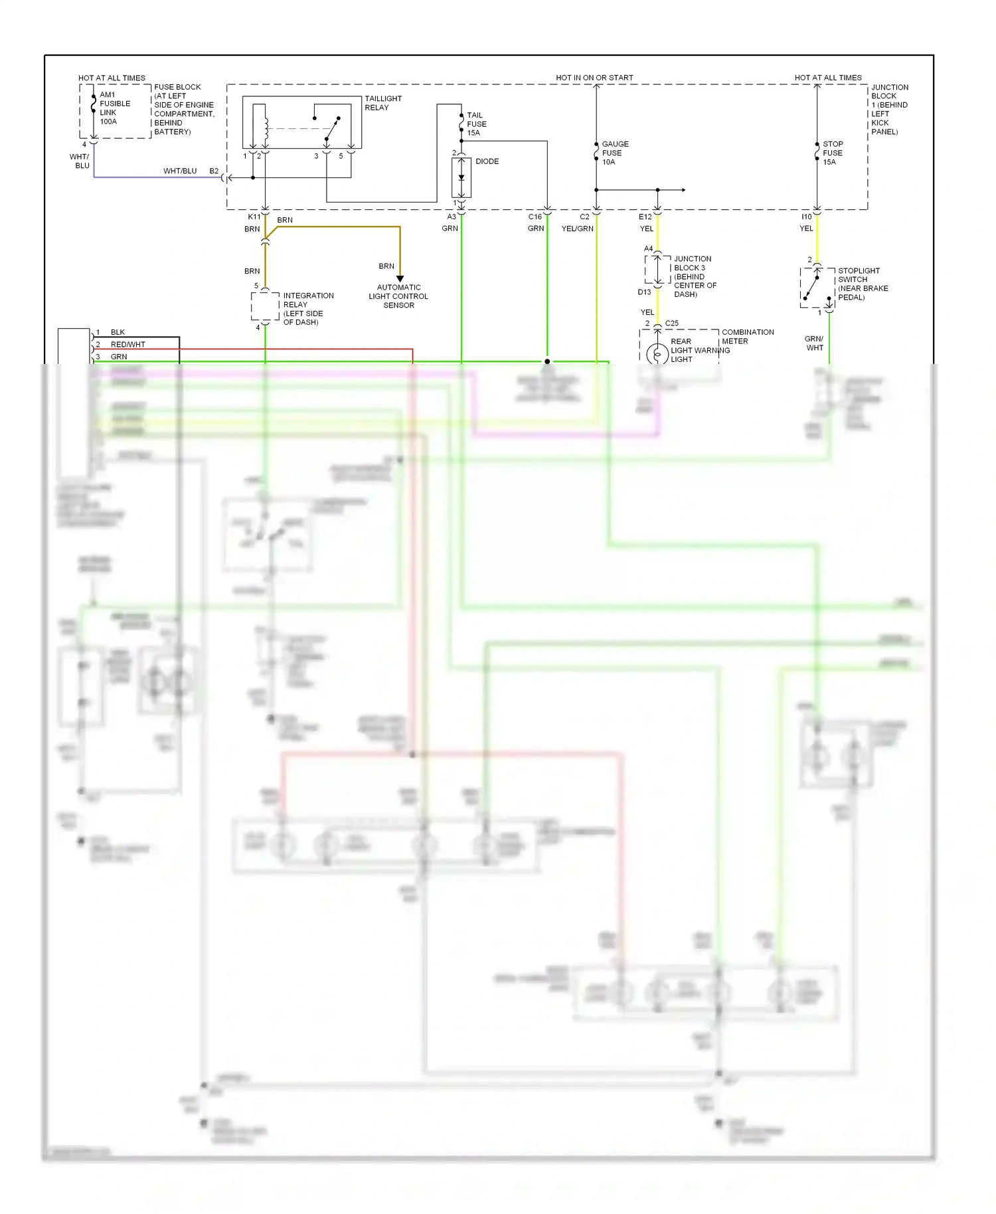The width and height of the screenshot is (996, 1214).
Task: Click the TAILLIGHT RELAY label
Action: (382, 103)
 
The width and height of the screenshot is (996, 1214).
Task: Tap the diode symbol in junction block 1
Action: (461, 178)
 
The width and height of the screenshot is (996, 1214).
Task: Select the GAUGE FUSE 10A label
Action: (614, 153)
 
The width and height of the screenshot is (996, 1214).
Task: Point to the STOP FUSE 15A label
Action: (833, 153)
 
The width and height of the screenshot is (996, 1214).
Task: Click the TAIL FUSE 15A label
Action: (476, 124)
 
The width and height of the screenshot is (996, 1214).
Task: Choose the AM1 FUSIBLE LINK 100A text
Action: (114, 108)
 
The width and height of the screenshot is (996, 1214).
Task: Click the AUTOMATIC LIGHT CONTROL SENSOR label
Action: (398, 296)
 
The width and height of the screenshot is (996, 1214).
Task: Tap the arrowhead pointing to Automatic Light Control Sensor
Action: (400, 278)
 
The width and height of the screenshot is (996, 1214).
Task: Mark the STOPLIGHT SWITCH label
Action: (862, 284)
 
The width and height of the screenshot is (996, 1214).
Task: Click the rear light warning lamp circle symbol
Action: (657, 354)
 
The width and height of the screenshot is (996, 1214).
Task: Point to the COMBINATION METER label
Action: (747, 337)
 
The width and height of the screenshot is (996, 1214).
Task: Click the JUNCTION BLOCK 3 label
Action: (695, 276)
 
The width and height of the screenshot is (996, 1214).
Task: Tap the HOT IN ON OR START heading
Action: (594, 78)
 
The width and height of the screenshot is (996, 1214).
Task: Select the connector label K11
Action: (254, 217)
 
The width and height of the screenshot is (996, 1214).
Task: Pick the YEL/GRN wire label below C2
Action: (577, 228)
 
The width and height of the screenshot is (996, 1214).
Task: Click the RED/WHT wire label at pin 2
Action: (127, 344)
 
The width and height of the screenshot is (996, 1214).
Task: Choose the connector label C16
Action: (535, 217)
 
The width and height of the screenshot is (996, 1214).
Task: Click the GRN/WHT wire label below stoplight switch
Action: (814, 343)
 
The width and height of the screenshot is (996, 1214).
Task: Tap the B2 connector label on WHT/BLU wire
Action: (214, 171)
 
